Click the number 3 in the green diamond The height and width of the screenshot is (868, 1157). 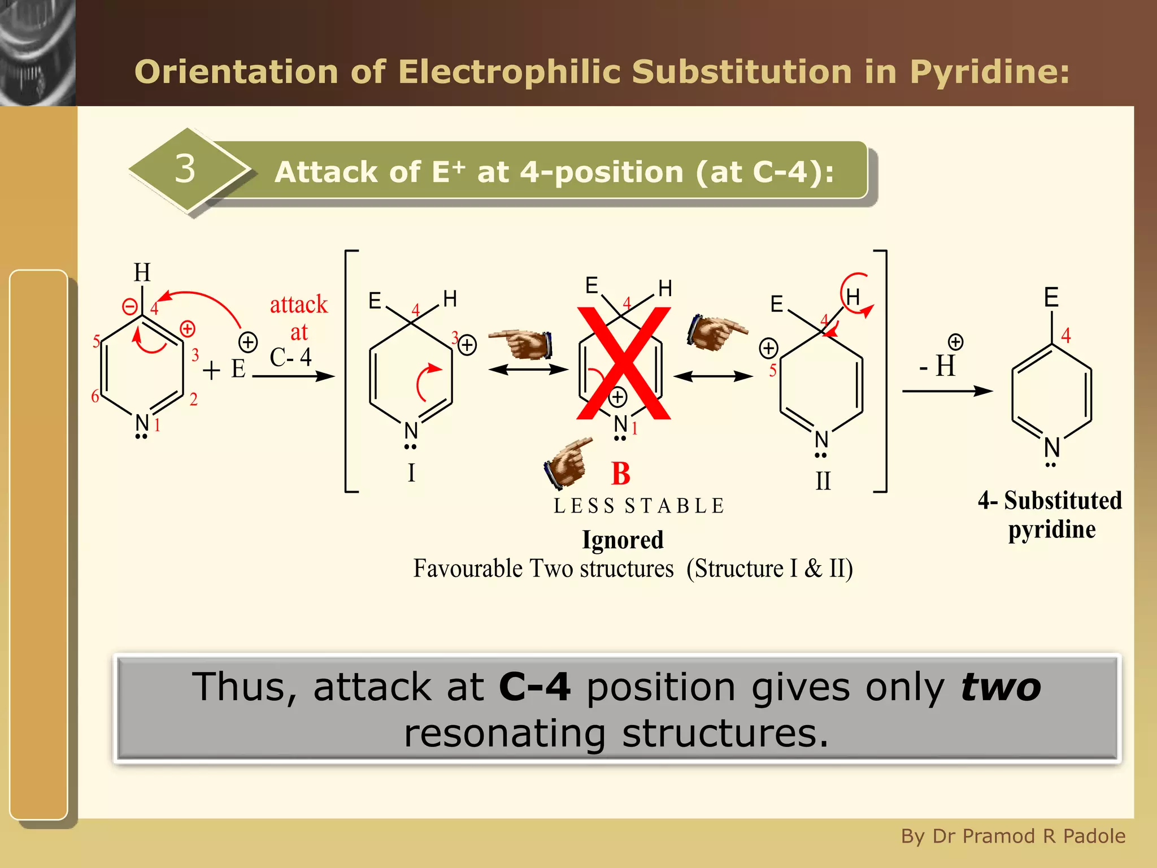[185, 168]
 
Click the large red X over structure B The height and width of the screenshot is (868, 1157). [624, 363]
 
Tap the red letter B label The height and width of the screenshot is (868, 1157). [620, 474]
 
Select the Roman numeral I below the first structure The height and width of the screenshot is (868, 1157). [411, 472]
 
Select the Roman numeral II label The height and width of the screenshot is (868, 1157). [823, 481]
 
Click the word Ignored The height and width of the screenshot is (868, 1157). [623, 540]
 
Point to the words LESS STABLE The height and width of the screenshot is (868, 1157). [639, 506]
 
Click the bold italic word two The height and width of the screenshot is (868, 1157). [1001, 688]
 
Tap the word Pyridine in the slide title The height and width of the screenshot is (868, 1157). [989, 72]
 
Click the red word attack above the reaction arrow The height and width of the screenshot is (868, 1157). [298, 305]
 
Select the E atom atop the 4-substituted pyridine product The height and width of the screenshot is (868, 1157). [1051, 297]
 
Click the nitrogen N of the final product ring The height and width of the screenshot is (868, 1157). [1051, 447]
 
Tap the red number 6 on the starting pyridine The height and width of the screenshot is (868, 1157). [95, 396]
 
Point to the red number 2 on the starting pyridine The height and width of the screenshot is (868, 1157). [193, 400]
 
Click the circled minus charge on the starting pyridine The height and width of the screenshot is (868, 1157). [130, 307]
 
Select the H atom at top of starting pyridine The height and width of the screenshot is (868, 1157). [142, 272]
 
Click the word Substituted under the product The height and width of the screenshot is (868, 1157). [1062, 501]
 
